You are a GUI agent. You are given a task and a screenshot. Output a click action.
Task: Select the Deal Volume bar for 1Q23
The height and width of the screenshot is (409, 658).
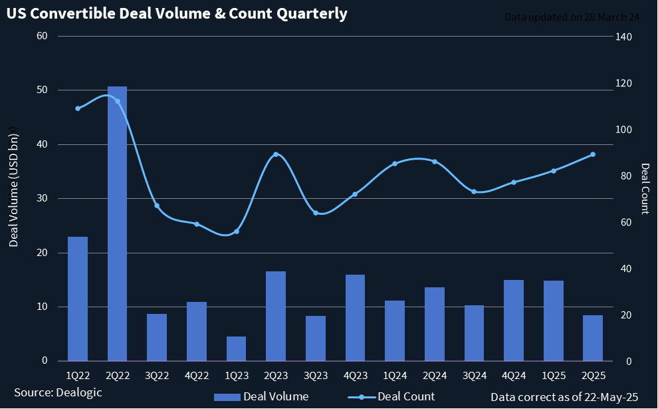[x=236, y=348]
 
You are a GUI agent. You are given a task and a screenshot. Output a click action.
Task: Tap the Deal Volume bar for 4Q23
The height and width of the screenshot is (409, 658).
[x=355, y=317]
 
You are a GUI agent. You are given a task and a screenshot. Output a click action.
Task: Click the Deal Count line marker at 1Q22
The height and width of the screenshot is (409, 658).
[x=78, y=108]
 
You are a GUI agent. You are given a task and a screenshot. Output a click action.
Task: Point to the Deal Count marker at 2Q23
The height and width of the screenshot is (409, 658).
[x=276, y=154]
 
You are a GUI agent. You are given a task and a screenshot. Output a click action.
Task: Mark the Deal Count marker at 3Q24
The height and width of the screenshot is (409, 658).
[x=474, y=192]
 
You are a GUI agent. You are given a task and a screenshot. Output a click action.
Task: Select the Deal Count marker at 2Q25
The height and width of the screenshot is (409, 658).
[x=593, y=154]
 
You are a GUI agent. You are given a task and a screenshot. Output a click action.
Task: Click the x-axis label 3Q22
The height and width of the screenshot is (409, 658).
[x=157, y=376]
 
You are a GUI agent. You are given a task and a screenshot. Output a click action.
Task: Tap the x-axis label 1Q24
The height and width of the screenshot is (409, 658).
[x=395, y=376]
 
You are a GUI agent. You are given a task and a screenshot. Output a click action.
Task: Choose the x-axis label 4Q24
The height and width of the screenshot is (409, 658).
[x=514, y=376]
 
